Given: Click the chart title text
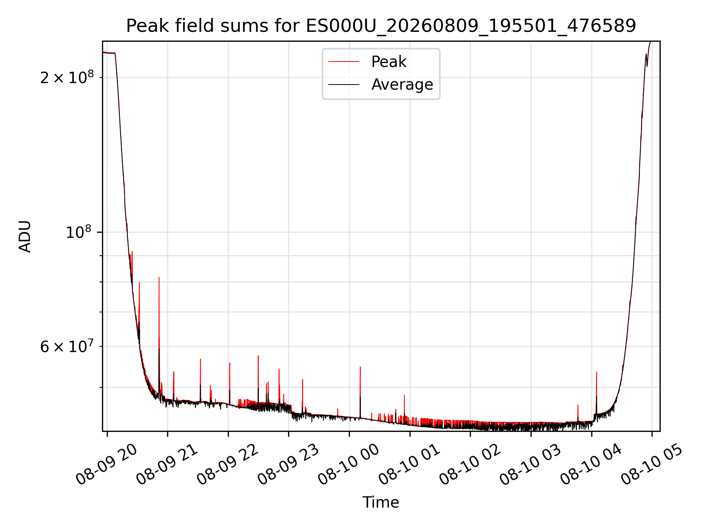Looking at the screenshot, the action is pos(381,26).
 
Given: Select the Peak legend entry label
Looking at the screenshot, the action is pos(389,62).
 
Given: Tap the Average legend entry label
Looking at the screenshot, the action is pos(402,85).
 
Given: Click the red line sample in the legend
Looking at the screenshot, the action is pos(344,62).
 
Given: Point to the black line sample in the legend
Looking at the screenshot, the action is pos(344,85).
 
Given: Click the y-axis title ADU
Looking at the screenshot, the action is pos(25,236).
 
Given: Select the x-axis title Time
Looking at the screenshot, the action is pos(381,502).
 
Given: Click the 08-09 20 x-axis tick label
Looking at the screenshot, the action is pos(106,464).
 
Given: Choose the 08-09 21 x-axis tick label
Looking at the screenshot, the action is pos(167,464).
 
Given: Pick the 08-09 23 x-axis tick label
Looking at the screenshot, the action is pos(288,464).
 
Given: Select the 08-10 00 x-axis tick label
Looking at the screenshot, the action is pos(349,464).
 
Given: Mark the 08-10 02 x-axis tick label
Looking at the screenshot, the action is pos(470,464).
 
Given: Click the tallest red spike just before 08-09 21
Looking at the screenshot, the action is pos(159,329).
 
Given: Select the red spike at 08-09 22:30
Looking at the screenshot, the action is pos(258,377).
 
